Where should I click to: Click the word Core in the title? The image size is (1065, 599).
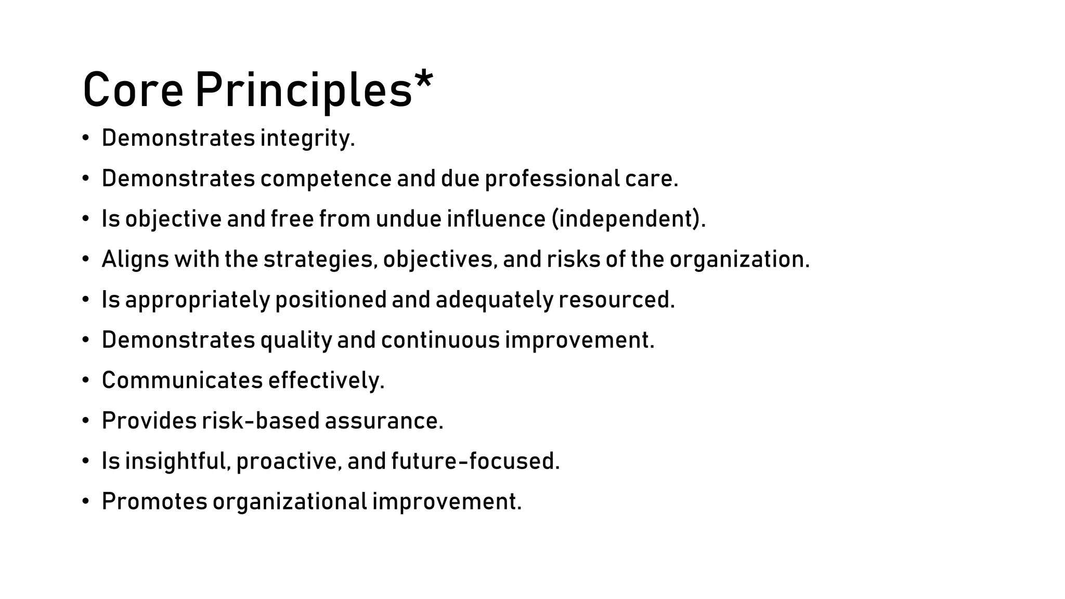tap(133, 90)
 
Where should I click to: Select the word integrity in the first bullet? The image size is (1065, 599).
tap(307, 138)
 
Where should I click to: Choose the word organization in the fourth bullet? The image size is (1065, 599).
tap(739, 259)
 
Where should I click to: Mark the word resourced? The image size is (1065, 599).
tap(616, 300)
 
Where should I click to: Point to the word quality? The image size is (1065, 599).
tap(296, 341)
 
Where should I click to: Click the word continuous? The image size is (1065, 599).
tap(440, 341)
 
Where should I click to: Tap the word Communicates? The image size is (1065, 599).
tap(182, 381)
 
